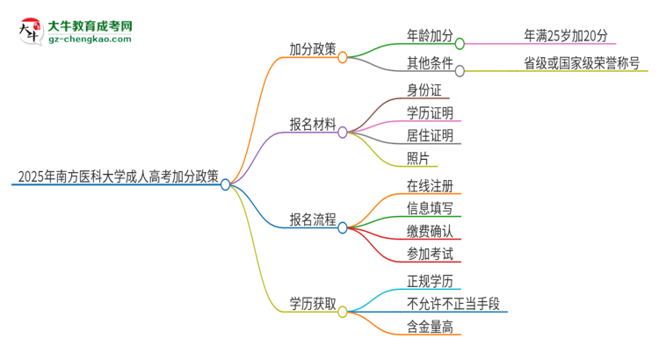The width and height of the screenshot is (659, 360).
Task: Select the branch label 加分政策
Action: (313, 49)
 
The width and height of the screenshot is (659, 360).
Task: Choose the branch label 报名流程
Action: (313, 220)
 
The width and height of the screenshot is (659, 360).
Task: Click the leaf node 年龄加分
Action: (430, 36)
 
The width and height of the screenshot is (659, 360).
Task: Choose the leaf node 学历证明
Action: (430, 112)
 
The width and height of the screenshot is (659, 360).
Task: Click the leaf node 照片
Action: (418, 158)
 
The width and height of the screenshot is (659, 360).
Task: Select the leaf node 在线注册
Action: (430, 185)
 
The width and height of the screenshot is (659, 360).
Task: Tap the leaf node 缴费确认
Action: (430, 231)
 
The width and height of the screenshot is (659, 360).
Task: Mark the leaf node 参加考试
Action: (430, 254)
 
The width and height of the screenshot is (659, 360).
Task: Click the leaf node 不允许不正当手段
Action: (453, 304)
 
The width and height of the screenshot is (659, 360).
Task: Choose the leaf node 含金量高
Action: (430, 327)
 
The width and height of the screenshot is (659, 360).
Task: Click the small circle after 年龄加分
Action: (460, 41)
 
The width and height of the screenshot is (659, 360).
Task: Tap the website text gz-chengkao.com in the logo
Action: (90, 39)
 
